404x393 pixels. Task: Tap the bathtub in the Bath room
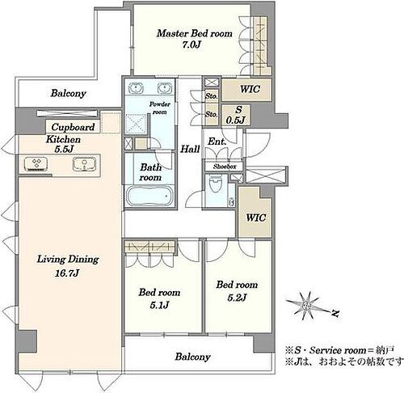[x=149, y=196]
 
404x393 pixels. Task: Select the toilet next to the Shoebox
[x=215, y=184]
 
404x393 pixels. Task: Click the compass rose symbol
[x=306, y=306]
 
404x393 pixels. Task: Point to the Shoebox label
[x=225, y=167]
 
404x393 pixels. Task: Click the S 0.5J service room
[x=236, y=115]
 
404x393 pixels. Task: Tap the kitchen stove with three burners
[x=36, y=164]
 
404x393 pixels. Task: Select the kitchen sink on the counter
[x=84, y=164]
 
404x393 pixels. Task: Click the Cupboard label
[x=73, y=127]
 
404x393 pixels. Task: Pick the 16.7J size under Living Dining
[x=67, y=273]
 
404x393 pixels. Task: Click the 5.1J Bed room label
[x=159, y=298]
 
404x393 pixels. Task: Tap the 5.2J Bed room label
[x=237, y=291]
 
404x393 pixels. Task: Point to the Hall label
[x=190, y=149]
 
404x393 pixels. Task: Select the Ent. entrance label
[x=217, y=142]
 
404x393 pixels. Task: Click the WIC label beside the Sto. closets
[x=250, y=89]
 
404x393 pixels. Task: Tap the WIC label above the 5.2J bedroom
[x=256, y=218]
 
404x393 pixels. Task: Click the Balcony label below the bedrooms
[x=192, y=357]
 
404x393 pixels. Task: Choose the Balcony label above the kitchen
[x=69, y=94]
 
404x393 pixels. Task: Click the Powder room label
[x=160, y=108]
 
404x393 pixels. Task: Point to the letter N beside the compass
[x=335, y=313]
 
